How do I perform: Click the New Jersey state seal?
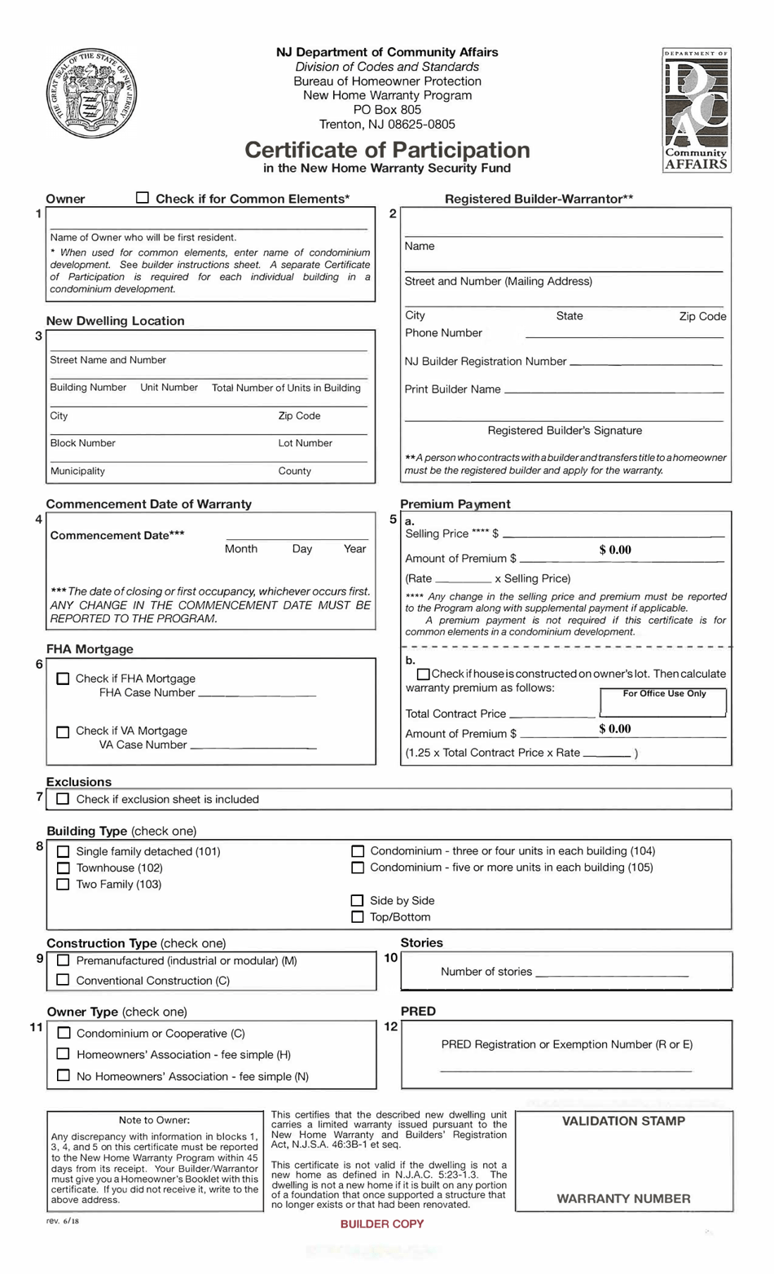(x=91, y=94)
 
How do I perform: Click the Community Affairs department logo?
(x=697, y=109)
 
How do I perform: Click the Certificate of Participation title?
(x=387, y=150)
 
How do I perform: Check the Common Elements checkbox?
(x=143, y=198)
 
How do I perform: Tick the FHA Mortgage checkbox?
(x=63, y=679)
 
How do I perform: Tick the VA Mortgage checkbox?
(x=63, y=731)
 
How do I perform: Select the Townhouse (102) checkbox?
(x=63, y=868)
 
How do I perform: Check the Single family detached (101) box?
(x=63, y=851)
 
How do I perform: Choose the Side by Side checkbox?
(x=357, y=900)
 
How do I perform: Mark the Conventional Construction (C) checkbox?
(x=63, y=980)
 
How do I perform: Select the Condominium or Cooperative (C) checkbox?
(x=63, y=1033)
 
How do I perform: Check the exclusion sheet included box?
(x=63, y=799)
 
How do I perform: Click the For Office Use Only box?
(x=663, y=702)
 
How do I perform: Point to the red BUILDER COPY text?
(x=382, y=1223)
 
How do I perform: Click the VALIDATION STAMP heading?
(x=623, y=1121)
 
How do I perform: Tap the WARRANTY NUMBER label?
(x=623, y=1198)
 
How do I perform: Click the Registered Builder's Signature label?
(x=565, y=430)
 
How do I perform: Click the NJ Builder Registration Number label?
(x=486, y=361)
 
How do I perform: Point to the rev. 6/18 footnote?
(x=63, y=1220)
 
